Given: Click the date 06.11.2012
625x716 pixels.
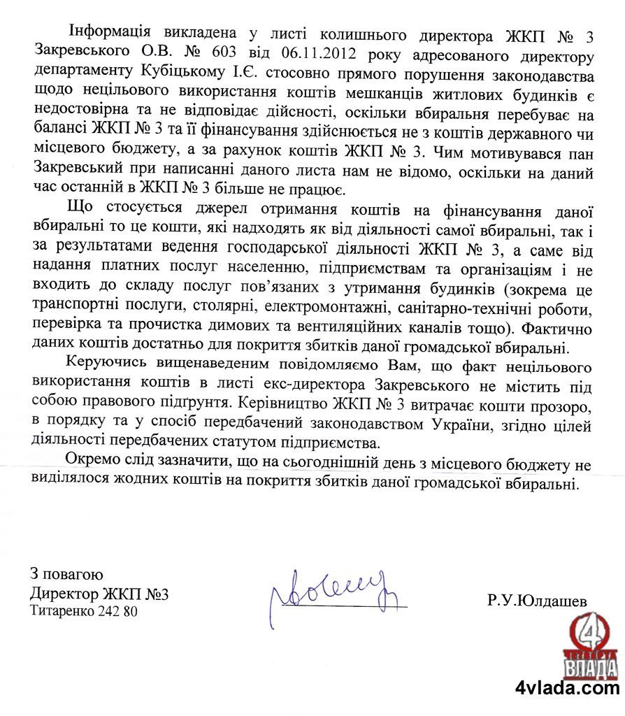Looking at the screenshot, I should pyautogui.click(x=320, y=54).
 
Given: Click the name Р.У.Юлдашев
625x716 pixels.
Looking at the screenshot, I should pyautogui.click(x=538, y=600).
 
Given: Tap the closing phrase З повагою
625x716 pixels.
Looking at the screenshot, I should pyautogui.click(x=66, y=575).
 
